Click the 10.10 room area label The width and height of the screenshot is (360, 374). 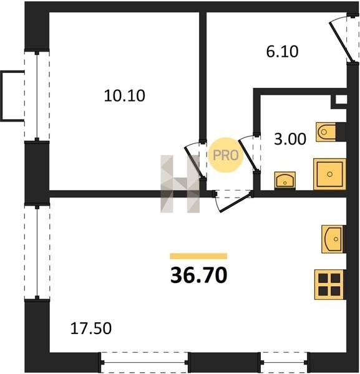(124, 95)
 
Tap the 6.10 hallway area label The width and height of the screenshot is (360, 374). (282, 52)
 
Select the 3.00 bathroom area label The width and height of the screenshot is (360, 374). (290, 139)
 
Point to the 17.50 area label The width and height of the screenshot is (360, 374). (91, 328)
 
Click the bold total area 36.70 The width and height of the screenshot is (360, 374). (198, 275)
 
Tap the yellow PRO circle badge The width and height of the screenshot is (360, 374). (226, 155)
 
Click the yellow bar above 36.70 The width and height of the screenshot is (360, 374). (198, 256)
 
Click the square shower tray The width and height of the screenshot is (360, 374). (329, 174)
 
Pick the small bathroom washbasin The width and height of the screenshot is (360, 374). (285, 181)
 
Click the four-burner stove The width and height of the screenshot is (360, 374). (329, 285)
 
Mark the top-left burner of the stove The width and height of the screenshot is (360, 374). (323, 278)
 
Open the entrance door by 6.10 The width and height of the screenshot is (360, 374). (344, 39)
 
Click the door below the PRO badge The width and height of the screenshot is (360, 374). (233, 201)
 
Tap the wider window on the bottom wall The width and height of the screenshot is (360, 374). (144, 363)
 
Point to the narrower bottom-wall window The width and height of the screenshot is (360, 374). (285, 363)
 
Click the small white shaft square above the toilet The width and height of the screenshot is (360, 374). (341, 100)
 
